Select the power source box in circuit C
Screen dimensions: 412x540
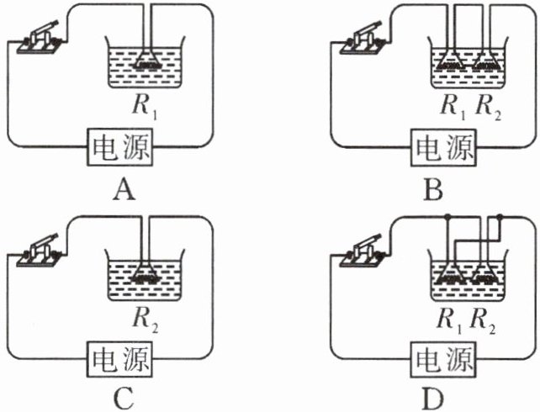[x=124, y=362]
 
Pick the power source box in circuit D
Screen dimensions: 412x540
[x=443, y=362]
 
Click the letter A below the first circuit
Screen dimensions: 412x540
[x=124, y=192]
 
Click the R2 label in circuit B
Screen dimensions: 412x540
[x=490, y=108]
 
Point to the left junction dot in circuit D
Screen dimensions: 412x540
[x=449, y=219]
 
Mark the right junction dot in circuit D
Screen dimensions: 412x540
[x=500, y=219]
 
